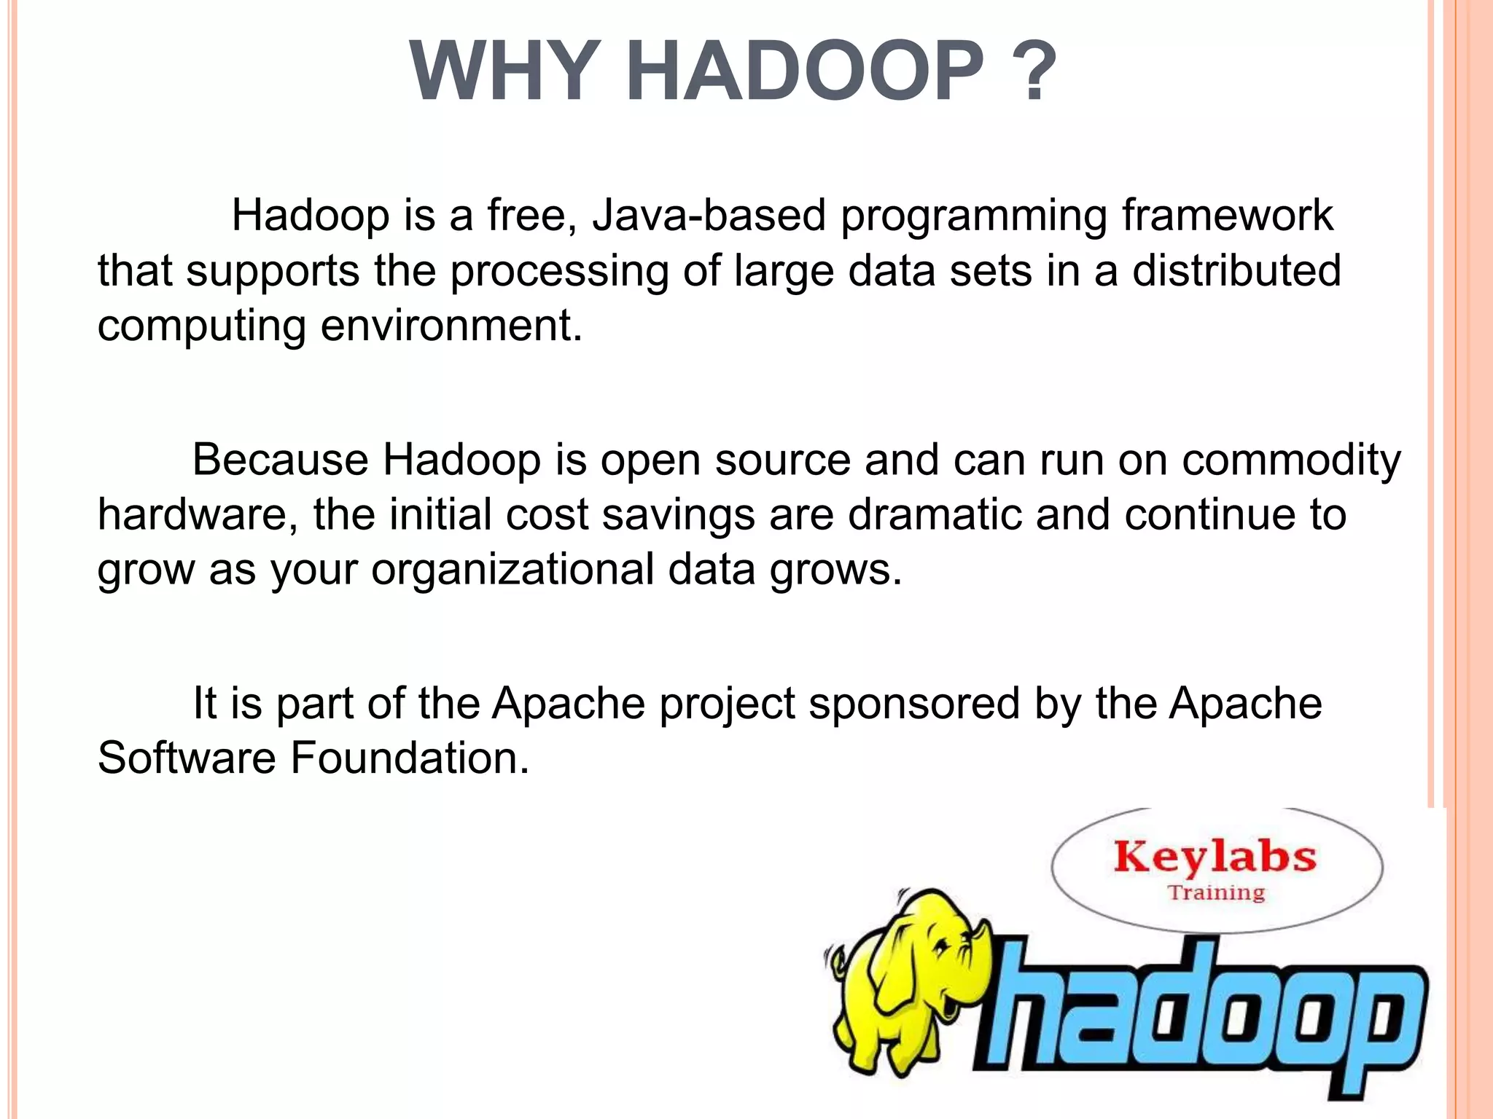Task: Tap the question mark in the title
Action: coord(1034,73)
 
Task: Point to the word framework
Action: coord(1227,216)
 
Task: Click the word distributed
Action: coord(1236,270)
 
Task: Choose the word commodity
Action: coord(1291,460)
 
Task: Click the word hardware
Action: coord(197,514)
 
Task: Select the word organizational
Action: coord(512,569)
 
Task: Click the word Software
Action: coord(187,758)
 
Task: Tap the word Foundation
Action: coord(410,758)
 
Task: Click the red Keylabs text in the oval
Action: coord(1215,857)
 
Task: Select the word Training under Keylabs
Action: coord(1217,892)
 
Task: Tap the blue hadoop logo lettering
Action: coord(1196,1020)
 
